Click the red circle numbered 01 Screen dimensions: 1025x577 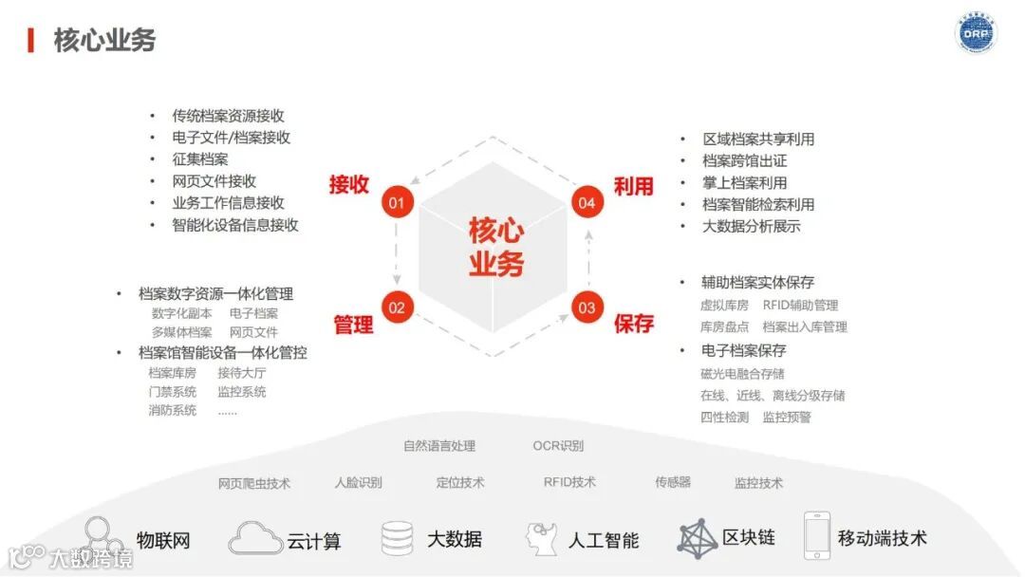point(397,202)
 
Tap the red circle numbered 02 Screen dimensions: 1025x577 point(397,307)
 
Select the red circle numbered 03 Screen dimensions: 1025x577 point(587,307)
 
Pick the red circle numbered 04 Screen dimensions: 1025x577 point(587,202)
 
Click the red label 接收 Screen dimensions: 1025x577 point(349,184)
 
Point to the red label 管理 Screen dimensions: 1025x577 point(353,325)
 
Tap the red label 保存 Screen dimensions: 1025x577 point(633,324)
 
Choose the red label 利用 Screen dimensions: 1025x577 point(633,186)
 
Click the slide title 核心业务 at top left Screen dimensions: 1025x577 point(104,40)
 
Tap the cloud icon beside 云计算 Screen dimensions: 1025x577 point(255,538)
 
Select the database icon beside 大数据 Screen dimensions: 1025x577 point(397,538)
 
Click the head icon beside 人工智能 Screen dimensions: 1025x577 point(542,538)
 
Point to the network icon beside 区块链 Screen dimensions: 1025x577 point(697,537)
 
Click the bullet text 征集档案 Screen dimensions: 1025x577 point(200,159)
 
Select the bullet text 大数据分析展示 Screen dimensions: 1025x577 point(751,226)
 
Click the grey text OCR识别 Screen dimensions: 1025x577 point(558,446)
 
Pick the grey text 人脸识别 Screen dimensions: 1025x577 point(358,482)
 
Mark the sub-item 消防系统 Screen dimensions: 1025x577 point(172,411)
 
